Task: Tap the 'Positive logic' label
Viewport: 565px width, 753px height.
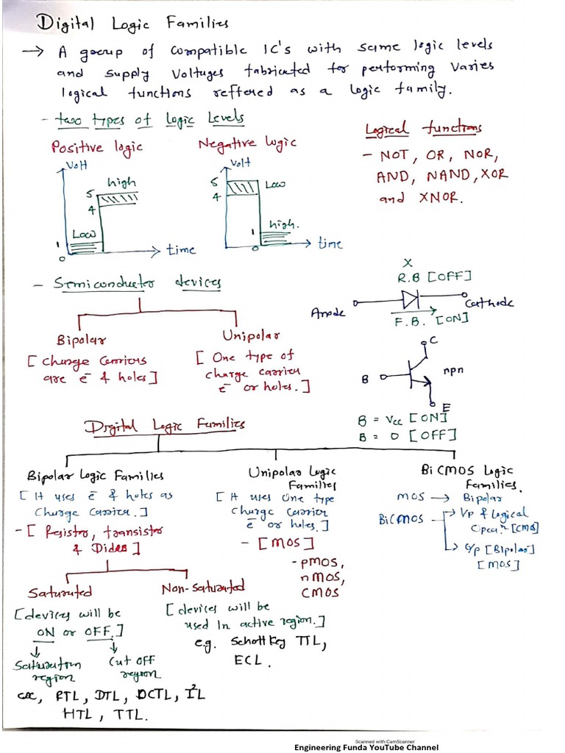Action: click(96, 147)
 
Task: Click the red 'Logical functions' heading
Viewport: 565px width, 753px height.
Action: click(424, 129)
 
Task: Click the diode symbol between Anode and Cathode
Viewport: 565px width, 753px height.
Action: click(410, 300)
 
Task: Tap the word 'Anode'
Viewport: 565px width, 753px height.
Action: click(327, 312)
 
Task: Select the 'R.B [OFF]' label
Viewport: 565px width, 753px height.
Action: click(434, 277)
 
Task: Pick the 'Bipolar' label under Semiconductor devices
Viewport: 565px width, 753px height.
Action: click(82, 340)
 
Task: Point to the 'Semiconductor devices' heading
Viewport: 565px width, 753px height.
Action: click(138, 283)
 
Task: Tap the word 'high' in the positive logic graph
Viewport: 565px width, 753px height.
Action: click(121, 182)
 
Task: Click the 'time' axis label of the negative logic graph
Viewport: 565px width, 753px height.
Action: click(330, 243)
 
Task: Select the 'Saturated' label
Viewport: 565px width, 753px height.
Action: click(60, 591)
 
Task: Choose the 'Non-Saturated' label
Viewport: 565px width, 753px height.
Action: click(203, 588)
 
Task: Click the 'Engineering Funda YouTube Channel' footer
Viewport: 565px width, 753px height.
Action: click(366, 747)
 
